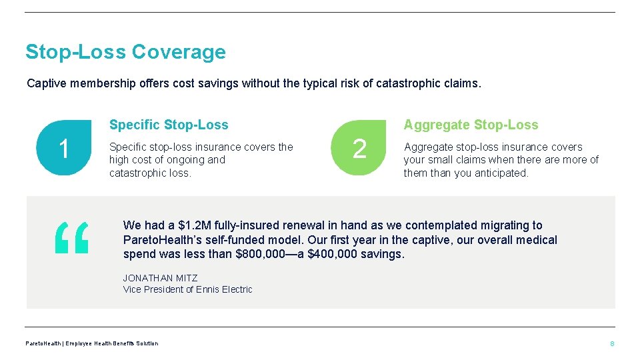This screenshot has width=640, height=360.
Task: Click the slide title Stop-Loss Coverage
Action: pos(125,51)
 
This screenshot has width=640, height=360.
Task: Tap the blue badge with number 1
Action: pos(64,148)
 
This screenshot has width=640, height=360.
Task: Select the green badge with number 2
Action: pos(359,148)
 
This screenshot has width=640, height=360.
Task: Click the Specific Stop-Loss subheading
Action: pos(169,125)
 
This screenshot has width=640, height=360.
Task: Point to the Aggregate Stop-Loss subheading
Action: pos(471,125)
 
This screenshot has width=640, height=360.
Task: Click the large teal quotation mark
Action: pos(71,239)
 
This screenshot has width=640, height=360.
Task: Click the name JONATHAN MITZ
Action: pos(160,278)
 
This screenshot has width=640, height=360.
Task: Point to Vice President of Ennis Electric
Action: pos(187,289)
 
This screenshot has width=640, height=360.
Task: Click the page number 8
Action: pos(612,343)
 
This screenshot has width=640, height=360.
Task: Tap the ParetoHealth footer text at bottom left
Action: pos(91,343)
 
